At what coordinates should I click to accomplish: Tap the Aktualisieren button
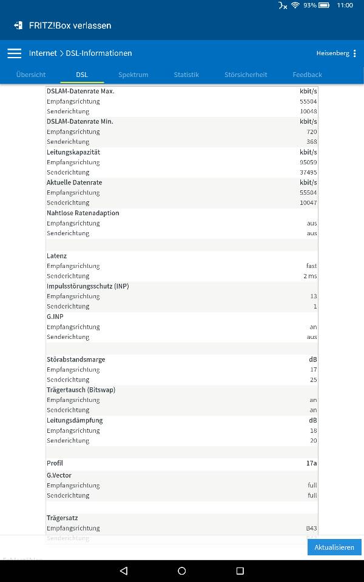click(x=334, y=547)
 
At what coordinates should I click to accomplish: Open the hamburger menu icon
click(x=14, y=53)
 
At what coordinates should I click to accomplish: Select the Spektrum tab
click(x=133, y=75)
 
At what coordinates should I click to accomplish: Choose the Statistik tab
click(x=186, y=75)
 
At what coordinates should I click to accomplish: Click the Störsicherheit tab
click(x=246, y=75)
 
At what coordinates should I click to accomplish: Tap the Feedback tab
click(x=307, y=75)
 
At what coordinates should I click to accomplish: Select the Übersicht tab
click(x=31, y=75)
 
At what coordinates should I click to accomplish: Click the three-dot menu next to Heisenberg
click(x=355, y=53)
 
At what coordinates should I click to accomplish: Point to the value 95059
click(x=308, y=162)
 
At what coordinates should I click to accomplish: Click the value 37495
click(x=308, y=172)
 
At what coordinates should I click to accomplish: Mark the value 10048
click(x=308, y=112)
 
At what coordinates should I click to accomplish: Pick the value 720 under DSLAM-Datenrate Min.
click(x=312, y=132)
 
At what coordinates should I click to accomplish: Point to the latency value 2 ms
click(x=310, y=276)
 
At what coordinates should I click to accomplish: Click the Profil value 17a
click(x=311, y=463)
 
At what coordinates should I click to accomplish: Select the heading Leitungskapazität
click(x=73, y=152)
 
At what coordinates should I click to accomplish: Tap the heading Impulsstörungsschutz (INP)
click(x=87, y=286)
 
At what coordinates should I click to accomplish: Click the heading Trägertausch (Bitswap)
click(x=81, y=390)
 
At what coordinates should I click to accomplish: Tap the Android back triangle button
click(x=124, y=570)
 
